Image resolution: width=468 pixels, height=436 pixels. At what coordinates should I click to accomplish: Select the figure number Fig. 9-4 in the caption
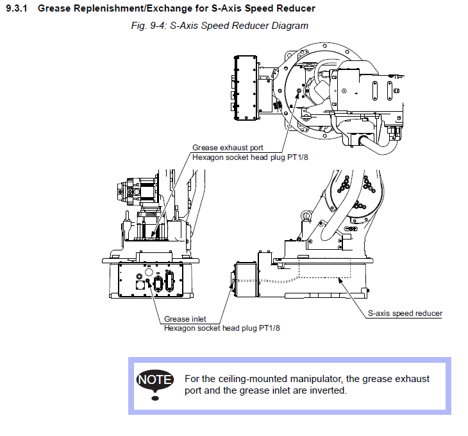pyautogui.click(x=146, y=26)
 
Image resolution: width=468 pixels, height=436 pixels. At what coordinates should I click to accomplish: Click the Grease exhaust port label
pyautogui.click(x=228, y=148)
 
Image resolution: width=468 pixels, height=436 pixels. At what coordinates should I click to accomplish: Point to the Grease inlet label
pyautogui.click(x=185, y=318)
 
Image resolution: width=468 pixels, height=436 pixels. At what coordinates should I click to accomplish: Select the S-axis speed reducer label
pyautogui.click(x=405, y=314)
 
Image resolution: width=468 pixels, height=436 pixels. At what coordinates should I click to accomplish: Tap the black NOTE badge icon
pyautogui.click(x=155, y=380)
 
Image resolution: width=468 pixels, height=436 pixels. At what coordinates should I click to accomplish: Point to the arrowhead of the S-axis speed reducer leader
pyautogui.click(x=338, y=280)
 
